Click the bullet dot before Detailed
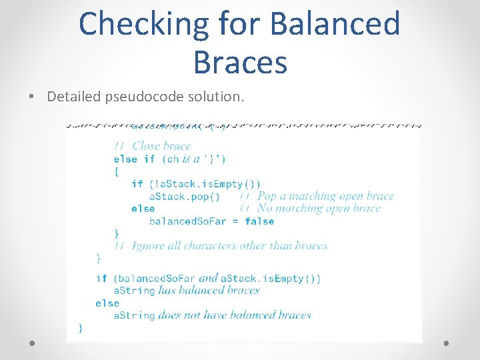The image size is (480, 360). click(32, 97)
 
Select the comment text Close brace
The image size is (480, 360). click(161, 146)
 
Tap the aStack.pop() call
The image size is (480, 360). click(185, 196)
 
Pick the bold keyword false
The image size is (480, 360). click(259, 221)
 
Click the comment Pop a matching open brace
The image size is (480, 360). click(325, 196)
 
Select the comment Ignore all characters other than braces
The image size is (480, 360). click(230, 246)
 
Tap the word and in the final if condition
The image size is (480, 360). click(209, 278)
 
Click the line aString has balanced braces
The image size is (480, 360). click(187, 291)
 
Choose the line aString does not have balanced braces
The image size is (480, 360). click(212, 315)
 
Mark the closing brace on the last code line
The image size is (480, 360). click(81, 327)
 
